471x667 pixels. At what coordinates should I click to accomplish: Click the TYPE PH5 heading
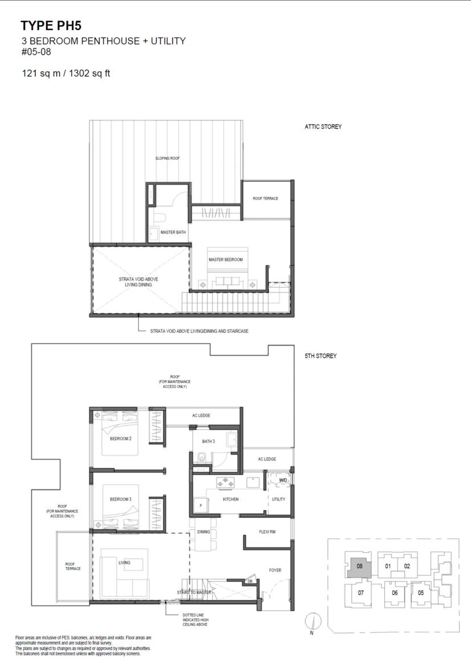click(x=51, y=26)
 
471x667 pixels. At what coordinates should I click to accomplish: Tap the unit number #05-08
click(x=36, y=52)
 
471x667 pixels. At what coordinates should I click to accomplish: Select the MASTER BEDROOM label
click(x=226, y=259)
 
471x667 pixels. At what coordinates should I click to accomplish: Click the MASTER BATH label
click(x=173, y=232)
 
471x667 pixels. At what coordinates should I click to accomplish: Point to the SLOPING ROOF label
click(x=167, y=158)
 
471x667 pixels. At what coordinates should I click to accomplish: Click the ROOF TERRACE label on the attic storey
click(x=265, y=198)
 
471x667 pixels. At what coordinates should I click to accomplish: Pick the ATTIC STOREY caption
click(x=323, y=127)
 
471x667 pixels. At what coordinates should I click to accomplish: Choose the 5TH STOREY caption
click(x=321, y=356)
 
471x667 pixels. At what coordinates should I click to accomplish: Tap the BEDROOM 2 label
click(x=121, y=438)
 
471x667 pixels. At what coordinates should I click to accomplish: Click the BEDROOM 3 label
click(x=121, y=499)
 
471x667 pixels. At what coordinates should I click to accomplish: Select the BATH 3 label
click(x=208, y=441)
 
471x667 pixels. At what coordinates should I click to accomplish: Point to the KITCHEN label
click(x=231, y=499)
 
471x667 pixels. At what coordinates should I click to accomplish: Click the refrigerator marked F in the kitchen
click(x=200, y=505)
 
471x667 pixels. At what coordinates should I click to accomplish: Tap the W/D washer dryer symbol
click(x=282, y=480)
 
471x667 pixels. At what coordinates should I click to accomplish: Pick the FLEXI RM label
click(x=267, y=532)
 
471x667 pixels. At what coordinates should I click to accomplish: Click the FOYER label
click(x=275, y=570)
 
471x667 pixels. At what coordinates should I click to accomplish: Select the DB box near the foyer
click(x=249, y=581)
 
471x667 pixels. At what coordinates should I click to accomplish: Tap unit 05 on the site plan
click(x=421, y=592)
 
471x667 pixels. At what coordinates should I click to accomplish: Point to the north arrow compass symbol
click(x=313, y=623)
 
